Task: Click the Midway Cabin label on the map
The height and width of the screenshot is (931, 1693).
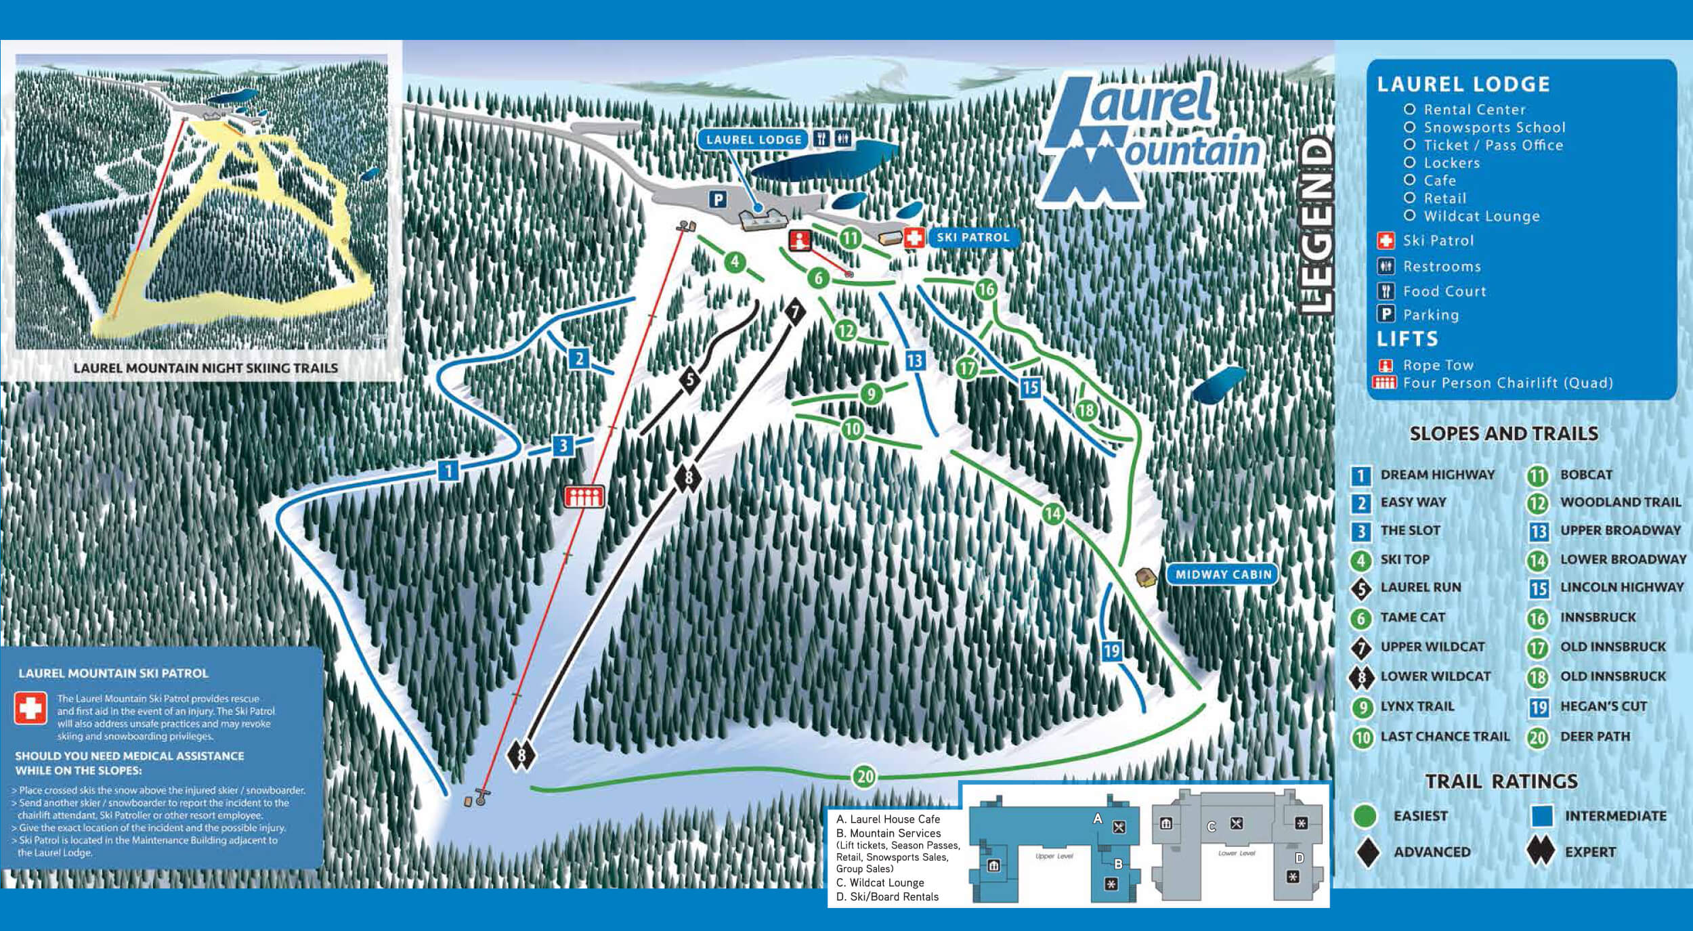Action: tap(1223, 574)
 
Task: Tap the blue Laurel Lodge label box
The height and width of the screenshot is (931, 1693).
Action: tap(753, 139)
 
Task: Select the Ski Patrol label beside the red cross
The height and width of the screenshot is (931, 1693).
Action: tap(972, 237)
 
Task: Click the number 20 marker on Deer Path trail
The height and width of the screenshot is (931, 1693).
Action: tap(865, 776)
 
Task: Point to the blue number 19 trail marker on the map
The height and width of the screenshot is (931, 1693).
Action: tap(1111, 651)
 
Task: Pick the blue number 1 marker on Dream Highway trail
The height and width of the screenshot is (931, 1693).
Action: tap(448, 469)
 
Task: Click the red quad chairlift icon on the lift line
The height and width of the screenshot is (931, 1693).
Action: tap(584, 496)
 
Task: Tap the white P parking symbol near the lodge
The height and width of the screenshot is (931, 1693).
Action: tap(717, 199)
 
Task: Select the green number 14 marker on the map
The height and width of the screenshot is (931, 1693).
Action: tap(1052, 513)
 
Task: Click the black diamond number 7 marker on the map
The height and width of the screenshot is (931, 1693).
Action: tap(795, 311)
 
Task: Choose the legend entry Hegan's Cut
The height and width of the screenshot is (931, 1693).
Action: tap(1603, 706)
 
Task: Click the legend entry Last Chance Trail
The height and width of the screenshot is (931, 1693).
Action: tap(1444, 736)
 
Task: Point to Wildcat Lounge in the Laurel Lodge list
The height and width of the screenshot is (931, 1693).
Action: tap(1481, 216)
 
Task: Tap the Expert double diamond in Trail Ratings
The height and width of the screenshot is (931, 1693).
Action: tap(1540, 851)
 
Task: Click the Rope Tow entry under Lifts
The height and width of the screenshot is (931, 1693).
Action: tap(1437, 365)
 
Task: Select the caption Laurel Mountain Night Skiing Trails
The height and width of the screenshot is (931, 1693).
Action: tap(205, 368)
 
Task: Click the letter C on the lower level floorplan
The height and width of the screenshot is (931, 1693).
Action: tap(1212, 827)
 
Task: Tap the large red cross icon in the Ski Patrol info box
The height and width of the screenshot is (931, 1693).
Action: tap(30, 708)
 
